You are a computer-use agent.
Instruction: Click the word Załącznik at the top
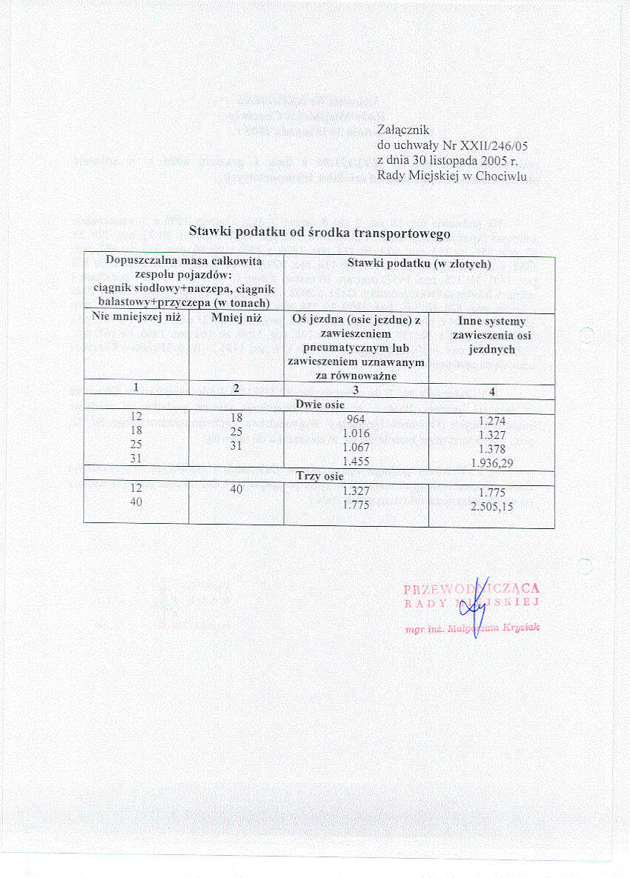click(403, 130)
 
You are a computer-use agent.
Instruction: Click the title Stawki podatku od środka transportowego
click(319, 232)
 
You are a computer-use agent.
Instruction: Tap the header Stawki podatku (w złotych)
click(419, 264)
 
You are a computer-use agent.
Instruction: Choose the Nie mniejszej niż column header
click(136, 318)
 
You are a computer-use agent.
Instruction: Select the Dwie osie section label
click(319, 406)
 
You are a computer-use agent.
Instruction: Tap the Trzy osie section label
click(319, 476)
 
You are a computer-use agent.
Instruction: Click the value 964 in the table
click(356, 419)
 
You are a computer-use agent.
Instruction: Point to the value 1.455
click(356, 462)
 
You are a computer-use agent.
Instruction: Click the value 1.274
click(492, 419)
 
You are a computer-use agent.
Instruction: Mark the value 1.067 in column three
click(356, 448)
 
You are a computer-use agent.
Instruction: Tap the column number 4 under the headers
click(492, 391)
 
